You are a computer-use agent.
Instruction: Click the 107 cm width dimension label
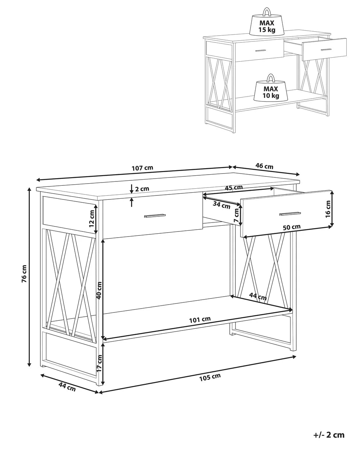[x=142, y=168]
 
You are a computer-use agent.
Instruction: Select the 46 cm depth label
[x=264, y=166]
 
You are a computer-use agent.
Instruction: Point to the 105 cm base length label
[x=210, y=377]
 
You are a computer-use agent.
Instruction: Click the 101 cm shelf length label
[x=200, y=319]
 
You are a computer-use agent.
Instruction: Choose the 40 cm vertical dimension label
[x=99, y=290]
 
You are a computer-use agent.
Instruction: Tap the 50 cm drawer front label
[x=291, y=227]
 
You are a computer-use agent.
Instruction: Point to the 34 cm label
[x=221, y=206]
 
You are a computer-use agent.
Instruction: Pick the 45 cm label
[x=233, y=188]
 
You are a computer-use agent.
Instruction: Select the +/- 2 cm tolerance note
[x=328, y=435]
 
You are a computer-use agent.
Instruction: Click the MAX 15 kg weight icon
[x=267, y=23]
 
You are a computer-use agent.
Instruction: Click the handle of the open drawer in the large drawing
[x=290, y=214]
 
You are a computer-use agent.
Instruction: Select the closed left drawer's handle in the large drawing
[x=155, y=216]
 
